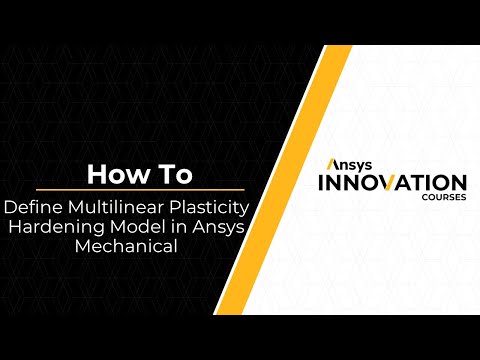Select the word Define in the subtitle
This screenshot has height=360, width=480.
[x=31, y=208]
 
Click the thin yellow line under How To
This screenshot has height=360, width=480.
[x=125, y=190]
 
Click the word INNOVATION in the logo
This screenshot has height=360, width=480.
[x=391, y=183]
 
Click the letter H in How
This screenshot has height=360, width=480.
[x=96, y=174]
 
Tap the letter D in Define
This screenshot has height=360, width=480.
[x=11, y=208]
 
